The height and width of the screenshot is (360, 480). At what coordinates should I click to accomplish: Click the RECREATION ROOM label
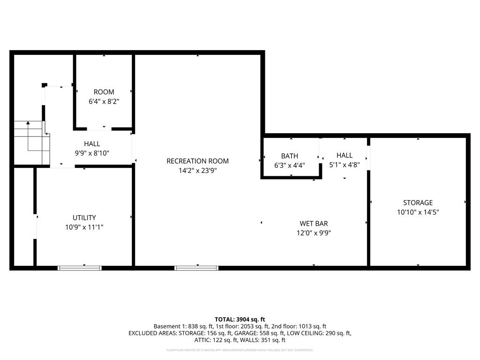coord(197,161)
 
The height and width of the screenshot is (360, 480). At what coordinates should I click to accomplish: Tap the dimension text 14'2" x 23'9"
coord(197,171)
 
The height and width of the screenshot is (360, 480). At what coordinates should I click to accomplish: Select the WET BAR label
coord(314,224)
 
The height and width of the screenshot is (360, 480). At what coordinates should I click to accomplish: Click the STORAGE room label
coord(418,202)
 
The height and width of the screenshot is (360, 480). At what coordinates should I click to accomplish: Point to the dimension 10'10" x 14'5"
coord(418,212)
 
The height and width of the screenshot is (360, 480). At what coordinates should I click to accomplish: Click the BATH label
coord(289,156)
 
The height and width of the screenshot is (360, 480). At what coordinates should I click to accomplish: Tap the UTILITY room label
coord(84,217)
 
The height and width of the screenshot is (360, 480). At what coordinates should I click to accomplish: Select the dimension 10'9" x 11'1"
coord(84,227)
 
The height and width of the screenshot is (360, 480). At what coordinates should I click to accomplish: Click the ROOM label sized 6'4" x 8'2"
coord(104,92)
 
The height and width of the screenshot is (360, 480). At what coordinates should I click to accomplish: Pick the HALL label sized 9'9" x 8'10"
coord(92,144)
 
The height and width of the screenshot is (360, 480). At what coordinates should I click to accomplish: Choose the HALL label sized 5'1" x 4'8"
coord(344,155)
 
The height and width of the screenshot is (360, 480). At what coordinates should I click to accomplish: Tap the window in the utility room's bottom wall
coord(80,268)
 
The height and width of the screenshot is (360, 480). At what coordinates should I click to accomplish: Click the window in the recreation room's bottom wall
coord(196,268)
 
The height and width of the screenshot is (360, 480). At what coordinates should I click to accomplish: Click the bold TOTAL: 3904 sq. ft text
coord(240,319)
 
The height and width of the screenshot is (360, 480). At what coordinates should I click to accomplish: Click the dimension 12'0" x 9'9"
coord(314,233)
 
